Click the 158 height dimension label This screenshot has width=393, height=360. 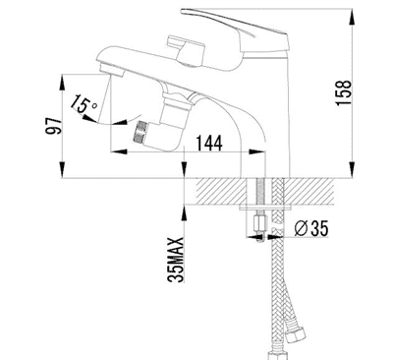pyautogui.click(x=344, y=92)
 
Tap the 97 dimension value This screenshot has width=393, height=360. pyautogui.click(x=54, y=127)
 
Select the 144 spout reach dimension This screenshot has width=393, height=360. pyautogui.click(x=209, y=143)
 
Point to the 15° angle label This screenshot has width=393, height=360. pyautogui.click(x=84, y=103)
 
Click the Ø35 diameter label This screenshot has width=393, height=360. pyautogui.click(x=310, y=228)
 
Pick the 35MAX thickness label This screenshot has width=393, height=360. pyautogui.click(x=176, y=260)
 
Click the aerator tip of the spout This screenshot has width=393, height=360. pyautogui.click(x=110, y=70)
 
